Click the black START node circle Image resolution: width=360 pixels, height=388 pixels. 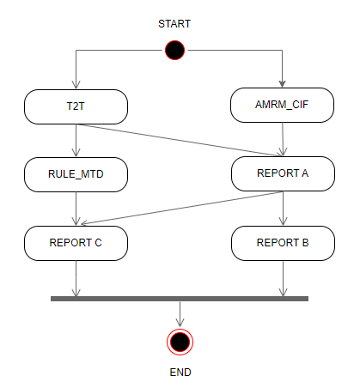click(x=174, y=51)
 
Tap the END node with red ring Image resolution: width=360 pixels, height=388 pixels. click(x=180, y=342)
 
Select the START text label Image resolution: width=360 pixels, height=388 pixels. click(x=174, y=24)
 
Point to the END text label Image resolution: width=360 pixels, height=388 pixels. click(x=180, y=373)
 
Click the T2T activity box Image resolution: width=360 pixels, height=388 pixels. click(x=76, y=106)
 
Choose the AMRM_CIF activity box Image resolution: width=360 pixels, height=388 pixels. click(x=282, y=105)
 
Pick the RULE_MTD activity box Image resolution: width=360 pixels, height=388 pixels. click(x=76, y=174)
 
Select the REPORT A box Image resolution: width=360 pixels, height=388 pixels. click(x=283, y=173)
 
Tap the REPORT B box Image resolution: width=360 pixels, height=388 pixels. click(x=283, y=243)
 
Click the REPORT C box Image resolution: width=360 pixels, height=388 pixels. click(x=76, y=243)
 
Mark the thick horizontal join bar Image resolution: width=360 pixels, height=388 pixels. click(x=180, y=299)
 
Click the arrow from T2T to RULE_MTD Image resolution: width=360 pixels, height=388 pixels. click(x=76, y=141)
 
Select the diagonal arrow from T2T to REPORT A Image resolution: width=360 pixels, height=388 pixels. click(x=180, y=140)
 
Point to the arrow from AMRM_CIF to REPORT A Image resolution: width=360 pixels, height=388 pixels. click(x=283, y=139)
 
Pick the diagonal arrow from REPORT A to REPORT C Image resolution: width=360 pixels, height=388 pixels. click(x=182, y=208)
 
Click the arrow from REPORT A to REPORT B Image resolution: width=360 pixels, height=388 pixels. click(x=283, y=209)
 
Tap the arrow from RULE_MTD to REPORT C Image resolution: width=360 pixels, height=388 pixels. click(x=76, y=209)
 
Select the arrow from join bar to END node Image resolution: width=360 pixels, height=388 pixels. click(x=180, y=314)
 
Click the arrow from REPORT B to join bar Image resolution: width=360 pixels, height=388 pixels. click(x=283, y=278)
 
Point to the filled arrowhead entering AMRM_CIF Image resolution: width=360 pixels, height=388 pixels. click(x=282, y=84)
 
